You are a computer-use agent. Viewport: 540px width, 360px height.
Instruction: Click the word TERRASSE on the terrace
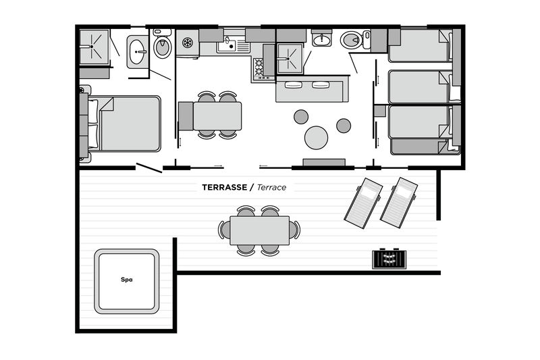[224, 187]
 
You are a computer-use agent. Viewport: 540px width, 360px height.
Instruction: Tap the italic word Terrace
[271, 187]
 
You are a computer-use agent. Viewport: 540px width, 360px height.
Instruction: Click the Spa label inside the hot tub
[127, 280]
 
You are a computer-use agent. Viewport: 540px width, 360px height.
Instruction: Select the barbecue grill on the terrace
[389, 259]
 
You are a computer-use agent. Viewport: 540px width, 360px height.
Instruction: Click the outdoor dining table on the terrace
[260, 230]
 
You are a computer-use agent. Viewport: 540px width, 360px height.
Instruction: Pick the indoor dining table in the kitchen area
[217, 116]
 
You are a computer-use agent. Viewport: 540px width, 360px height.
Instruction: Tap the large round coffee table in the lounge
[316, 138]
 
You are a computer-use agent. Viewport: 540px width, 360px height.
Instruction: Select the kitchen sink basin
[227, 45]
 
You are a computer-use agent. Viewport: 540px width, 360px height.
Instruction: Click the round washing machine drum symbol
[188, 43]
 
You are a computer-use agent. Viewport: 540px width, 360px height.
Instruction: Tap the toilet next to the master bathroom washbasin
[162, 45]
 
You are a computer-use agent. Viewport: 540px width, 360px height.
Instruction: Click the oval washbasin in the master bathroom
[137, 52]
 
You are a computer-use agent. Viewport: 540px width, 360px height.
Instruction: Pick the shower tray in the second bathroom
[290, 58]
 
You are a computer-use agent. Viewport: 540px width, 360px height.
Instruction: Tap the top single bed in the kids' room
[420, 45]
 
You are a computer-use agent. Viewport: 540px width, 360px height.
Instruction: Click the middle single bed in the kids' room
[420, 87]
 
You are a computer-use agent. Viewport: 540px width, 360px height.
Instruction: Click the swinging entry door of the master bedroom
[149, 168]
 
